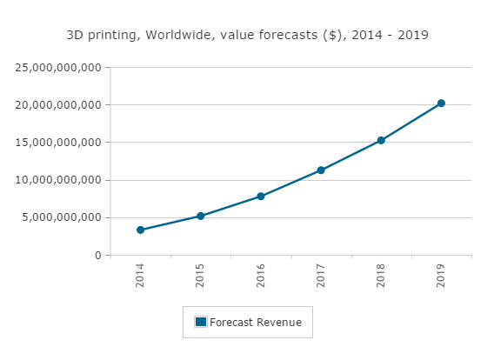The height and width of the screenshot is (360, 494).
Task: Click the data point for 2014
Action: pyautogui.click(x=140, y=230)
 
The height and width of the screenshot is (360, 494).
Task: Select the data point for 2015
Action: pyautogui.click(x=200, y=216)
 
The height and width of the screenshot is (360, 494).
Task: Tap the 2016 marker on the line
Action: pyautogui.click(x=260, y=197)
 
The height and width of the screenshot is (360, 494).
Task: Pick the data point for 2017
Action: pyautogui.click(x=321, y=170)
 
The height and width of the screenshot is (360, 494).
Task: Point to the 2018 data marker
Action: pyautogui.click(x=381, y=140)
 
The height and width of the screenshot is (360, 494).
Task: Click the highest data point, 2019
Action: pyautogui.click(x=441, y=103)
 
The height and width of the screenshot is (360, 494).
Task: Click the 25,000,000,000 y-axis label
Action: pyautogui.click(x=60, y=67)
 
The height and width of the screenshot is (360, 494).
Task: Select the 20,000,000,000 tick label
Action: pyautogui.click(x=60, y=105)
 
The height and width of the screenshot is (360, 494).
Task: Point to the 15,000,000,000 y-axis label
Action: pyautogui.click(x=60, y=143)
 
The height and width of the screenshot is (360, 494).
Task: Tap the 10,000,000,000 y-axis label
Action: pyautogui.click(x=60, y=180)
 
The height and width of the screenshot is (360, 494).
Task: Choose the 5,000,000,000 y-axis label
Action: pyautogui.click(x=63, y=217)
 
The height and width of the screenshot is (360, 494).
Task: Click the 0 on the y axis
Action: pyautogui.click(x=98, y=256)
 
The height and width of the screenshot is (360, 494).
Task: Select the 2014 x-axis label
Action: pyautogui.click(x=141, y=276)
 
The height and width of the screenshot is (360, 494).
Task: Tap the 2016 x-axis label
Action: pyautogui.click(x=261, y=276)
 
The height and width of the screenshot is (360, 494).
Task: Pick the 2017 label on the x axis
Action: pyautogui.click(x=321, y=276)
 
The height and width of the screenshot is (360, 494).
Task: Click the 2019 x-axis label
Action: pyautogui.click(x=442, y=276)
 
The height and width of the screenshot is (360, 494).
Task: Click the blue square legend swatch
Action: pyautogui.click(x=201, y=322)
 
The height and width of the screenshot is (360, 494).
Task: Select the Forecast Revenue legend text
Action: pyautogui.click(x=256, y=323)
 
